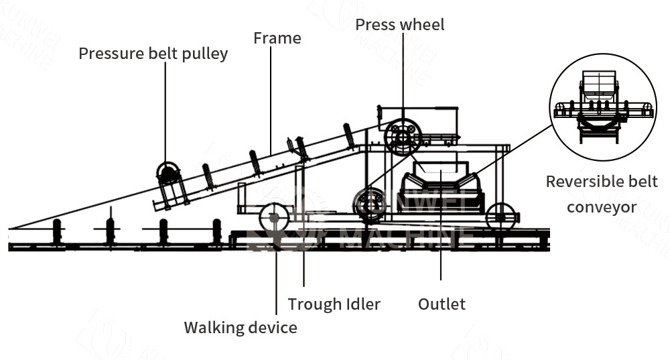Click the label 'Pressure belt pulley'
pyautogui.click(x=153, y=54)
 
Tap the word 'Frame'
pyautogui.click(x=277, y=38)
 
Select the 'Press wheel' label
pyautogui.click(x=399, y=25)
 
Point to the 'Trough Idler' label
pyautogui.click(x=334, y=304)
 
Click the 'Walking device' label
pyautogui.click(x=241, y=327)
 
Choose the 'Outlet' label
pyautogui.click(x=442, y=304)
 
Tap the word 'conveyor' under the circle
pyautogui.click(x=601, y=207)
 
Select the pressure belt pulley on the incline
pyautogui.click(x=168, y=173)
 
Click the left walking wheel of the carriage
pyautogui.click(x=273, y=217)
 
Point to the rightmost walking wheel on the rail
pyautogui.click(x=503, y=217)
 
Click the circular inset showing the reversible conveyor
pyautogui.click(x=604, y=107)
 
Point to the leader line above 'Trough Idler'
pyautogui.click(x=304, y=272)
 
